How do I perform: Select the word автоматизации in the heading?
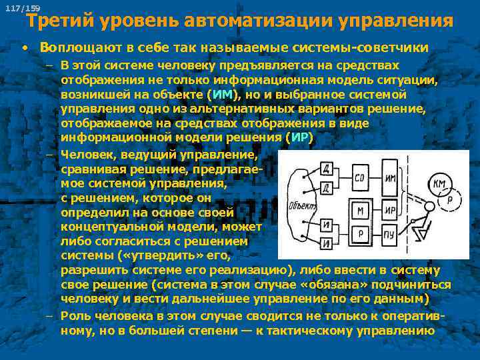263,21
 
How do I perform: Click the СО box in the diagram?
360,177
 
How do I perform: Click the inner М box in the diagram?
361,211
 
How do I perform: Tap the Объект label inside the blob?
298,205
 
